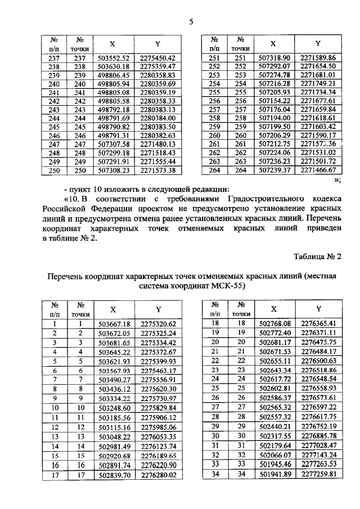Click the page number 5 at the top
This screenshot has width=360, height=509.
191,22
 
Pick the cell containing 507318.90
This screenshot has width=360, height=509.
273,58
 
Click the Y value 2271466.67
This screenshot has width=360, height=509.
317,170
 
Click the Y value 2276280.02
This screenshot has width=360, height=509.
158,475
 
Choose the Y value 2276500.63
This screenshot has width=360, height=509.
317,361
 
